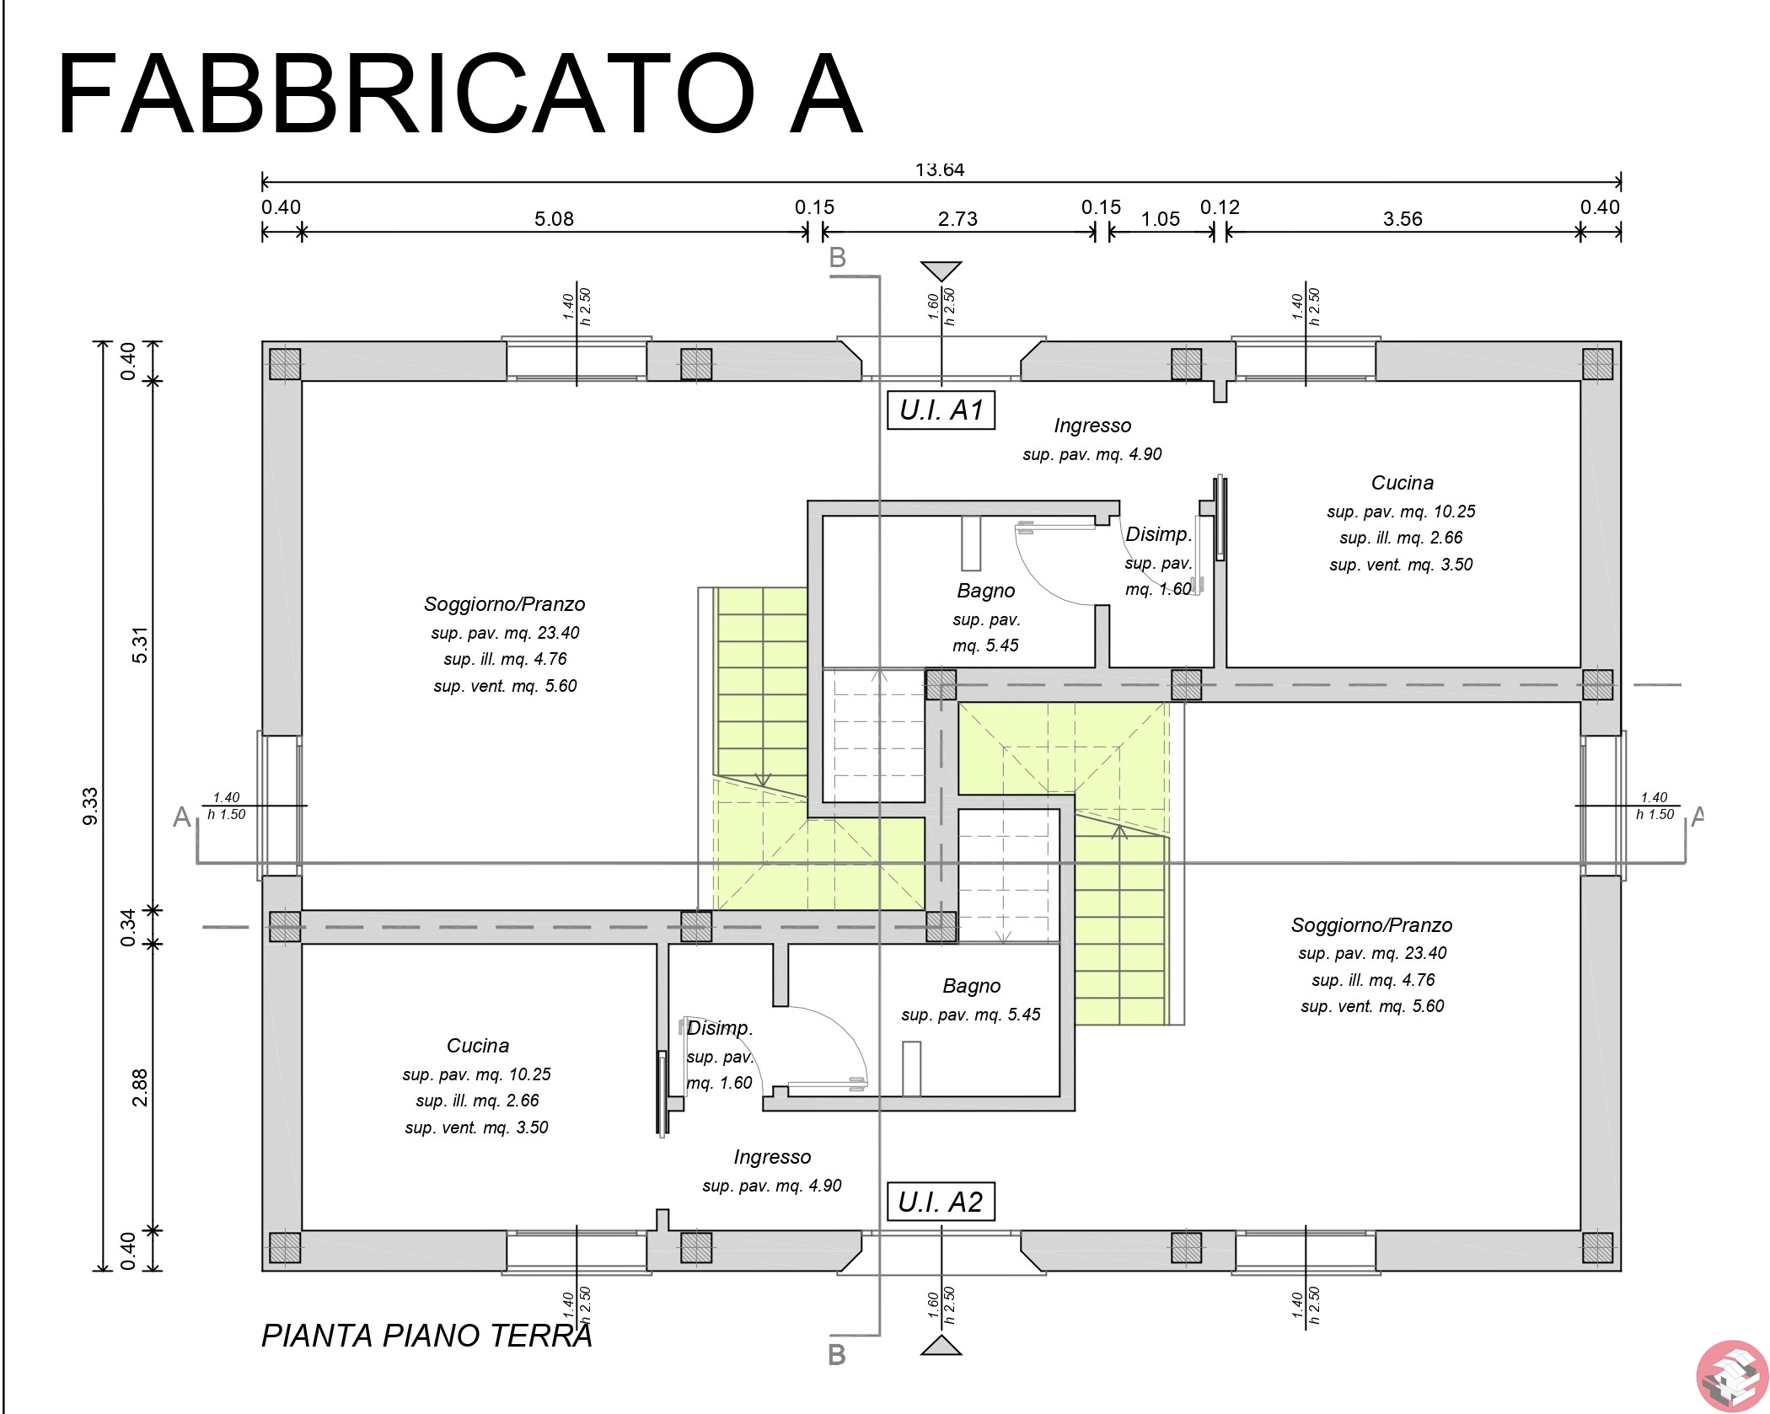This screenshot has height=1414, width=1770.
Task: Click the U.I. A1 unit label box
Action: coord(941,410)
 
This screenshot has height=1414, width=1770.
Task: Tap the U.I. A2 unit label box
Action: coord(941,1202)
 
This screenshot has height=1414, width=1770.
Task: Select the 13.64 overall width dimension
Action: coord(940,169)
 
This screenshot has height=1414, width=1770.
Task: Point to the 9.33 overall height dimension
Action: coord(90,806)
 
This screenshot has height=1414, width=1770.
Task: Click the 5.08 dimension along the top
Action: coord(554,219)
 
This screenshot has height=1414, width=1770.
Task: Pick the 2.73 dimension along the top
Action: coord(957,219)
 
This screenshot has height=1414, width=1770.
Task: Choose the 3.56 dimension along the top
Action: coord(1403,219)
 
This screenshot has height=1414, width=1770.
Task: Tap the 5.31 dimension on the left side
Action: coord(140,645)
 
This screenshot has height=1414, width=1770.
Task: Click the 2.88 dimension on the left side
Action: coord(140,1087)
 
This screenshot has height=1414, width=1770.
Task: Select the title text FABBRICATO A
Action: coord(460,94)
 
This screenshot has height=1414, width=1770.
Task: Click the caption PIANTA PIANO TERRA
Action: coord(426,1336)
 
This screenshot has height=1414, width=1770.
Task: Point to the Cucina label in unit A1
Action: coord(1403,483)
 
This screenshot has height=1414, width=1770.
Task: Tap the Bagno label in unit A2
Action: coord(972,986)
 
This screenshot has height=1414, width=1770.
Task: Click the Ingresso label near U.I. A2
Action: coord(772,1157)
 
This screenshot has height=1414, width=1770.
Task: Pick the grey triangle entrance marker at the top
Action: coord(941,270)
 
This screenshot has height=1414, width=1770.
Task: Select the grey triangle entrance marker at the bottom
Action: coord(941,1345)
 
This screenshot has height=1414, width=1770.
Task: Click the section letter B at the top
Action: coord(837,258)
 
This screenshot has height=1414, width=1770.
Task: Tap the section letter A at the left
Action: coord(181,817)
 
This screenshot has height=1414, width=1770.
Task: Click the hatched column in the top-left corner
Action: coord(285,364)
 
